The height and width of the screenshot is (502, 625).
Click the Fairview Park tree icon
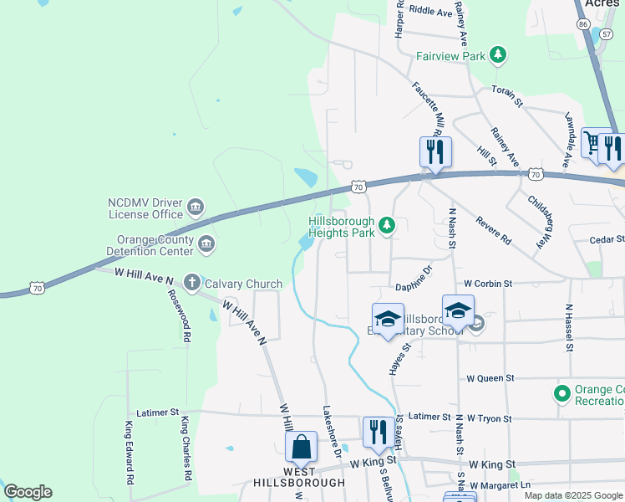(x=498, y=56)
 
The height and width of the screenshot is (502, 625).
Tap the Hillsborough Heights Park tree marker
(x=387, y=224)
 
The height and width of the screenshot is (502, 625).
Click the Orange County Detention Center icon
(x=206, y=244)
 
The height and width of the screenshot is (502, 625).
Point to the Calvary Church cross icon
(x=191, y=283)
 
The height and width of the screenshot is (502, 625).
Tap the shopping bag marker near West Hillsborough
(x=301, y=447)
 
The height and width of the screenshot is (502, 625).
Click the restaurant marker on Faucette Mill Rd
(x=435, y=151)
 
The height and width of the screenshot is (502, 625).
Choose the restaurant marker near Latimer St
(x=378, y=432)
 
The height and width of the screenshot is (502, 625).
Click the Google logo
(x=28, y=492)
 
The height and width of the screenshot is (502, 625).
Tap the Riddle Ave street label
(x=431, y=12)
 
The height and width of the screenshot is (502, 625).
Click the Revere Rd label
(x=493, y=230)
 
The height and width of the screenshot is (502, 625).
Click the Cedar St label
(x=607, y=239)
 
